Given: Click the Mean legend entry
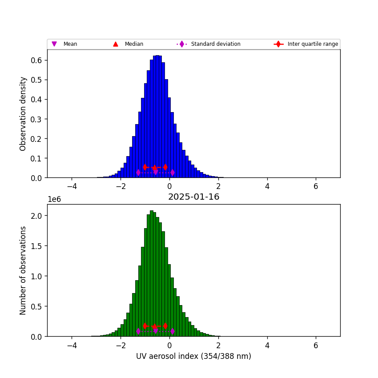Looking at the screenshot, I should coord(70,44).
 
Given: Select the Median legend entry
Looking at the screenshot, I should coord(131,44).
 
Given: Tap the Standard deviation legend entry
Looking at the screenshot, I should coord(215,44).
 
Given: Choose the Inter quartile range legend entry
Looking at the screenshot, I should coord(313,44).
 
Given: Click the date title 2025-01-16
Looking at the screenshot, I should coord(193,197).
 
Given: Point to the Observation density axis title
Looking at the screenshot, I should coord(23,113).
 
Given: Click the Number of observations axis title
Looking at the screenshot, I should coord(23,270).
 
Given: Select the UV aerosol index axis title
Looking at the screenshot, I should coord(193,356).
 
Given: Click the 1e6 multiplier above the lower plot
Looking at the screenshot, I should coord(54,199).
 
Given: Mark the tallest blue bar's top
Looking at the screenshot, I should coord(157,56).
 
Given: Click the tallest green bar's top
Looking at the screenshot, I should coord(152,211).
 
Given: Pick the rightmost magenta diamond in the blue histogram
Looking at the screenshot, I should coord(173,172).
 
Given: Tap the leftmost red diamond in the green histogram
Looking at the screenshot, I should coord(145,326).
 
